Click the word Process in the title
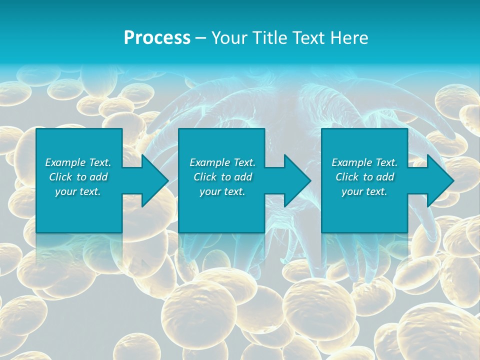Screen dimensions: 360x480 point(157,38)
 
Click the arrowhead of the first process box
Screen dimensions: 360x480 point(155,180)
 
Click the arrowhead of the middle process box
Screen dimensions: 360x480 point(297,180)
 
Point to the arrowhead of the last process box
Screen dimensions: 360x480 point(440,180)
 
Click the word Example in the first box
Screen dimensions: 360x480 point(65,162)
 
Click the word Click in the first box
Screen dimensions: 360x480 point(60,177)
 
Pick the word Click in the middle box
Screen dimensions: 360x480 point(205,177)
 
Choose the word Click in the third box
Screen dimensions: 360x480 point(347,177)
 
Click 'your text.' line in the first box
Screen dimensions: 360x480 point(78,191)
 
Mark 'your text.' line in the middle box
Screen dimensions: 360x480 point(222,191)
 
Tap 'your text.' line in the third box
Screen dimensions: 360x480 point(364,191)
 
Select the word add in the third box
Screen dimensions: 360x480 point(385,177)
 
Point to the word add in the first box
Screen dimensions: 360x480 point(99,177)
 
